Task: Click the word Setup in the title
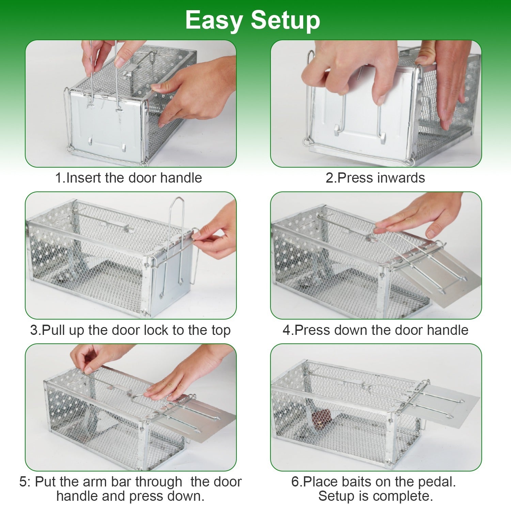coord(285,20)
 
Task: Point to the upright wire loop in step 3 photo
coord(177,218)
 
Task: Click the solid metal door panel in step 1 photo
coord(106,129)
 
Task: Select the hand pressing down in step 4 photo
coord(419,215)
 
